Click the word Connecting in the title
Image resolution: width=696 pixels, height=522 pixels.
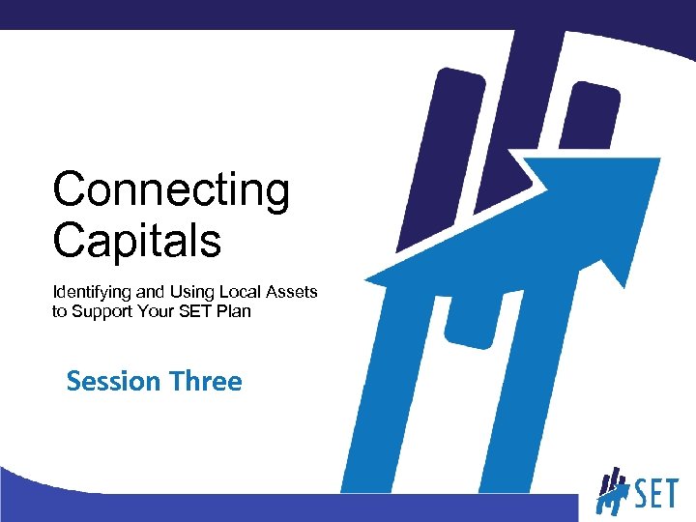pos(170,191)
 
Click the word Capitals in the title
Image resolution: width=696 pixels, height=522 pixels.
pos(136,240)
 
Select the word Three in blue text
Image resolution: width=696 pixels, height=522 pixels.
pos(205,382)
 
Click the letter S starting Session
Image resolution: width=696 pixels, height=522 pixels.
pos(74,382)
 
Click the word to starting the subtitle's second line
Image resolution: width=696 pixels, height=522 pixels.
pos(59,311)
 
